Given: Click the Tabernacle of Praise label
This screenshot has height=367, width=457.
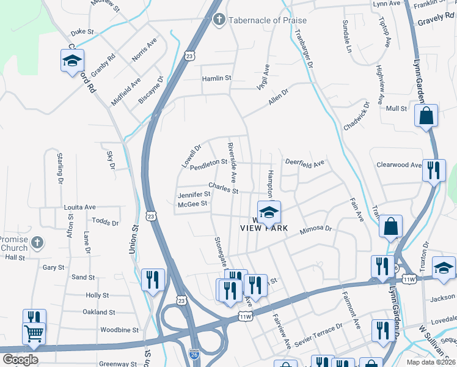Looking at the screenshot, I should click(268, 20).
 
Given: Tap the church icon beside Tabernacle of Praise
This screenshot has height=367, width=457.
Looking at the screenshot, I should click(219, 20).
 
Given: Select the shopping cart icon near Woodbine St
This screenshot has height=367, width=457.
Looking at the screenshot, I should click(34, 334).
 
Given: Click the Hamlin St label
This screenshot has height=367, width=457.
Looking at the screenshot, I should click(217, 78).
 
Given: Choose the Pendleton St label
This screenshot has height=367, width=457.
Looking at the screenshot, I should click(208, 165).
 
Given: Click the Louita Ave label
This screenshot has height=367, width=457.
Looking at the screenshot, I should click(80, 207).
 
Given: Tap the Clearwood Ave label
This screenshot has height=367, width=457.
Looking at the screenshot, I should click(399, 165).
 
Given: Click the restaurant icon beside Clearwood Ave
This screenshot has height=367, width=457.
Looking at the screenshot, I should click(434, 169).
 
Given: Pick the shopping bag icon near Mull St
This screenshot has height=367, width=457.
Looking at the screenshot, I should click(426, 115).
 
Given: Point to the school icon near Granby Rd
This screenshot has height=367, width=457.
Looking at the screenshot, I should click(72, 61).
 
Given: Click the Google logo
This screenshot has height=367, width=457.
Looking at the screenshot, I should click(20, 360).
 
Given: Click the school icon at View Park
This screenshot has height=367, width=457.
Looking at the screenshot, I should click(268, 212).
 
